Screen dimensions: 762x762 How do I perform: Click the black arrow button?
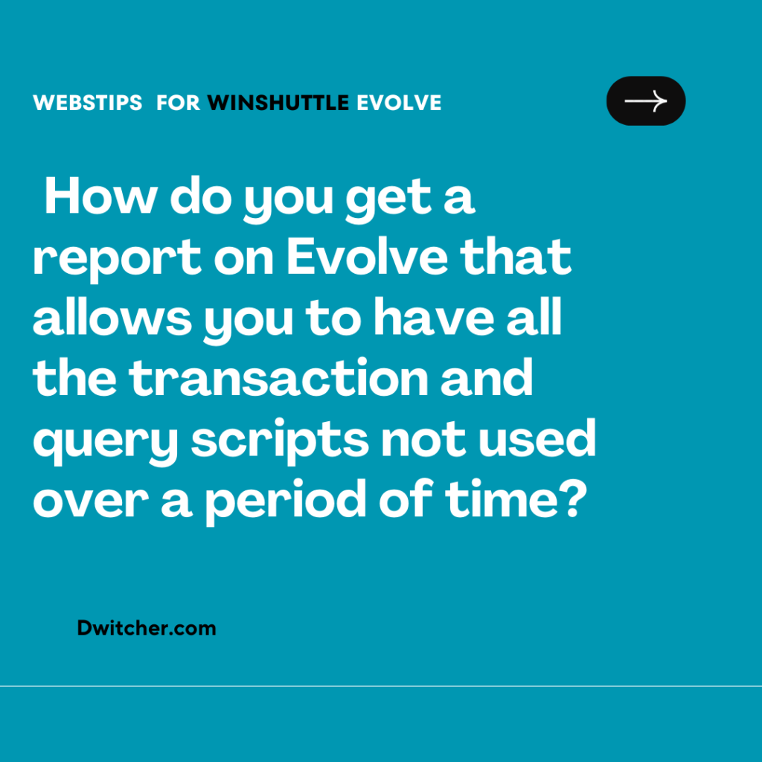click(646, 101)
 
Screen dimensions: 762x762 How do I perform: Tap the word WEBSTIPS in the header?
click(88, 103)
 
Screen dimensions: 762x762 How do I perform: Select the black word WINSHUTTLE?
click(278, 103)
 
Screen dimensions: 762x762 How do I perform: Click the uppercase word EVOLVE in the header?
click(399, 103)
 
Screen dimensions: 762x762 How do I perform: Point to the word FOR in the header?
click(178, 103)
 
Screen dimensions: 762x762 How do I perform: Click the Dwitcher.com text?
click(147, 628)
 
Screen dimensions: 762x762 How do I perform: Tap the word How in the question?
click(100, 196)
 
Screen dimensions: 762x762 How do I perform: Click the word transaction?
click(278, 377)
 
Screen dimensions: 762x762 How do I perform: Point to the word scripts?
click(280, 441)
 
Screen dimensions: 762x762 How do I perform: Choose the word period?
click(285, 501)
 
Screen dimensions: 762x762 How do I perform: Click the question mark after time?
click(577, 499)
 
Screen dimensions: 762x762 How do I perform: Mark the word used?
click(537, 438)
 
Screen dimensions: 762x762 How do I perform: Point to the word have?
click(434, 317)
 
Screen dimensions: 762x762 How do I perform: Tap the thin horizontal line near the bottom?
click(381, 686)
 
